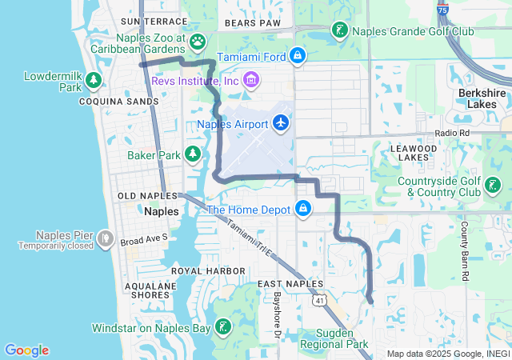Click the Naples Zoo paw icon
(x=198, y=41)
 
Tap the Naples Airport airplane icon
(x=281, y=123)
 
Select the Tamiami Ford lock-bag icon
(x=297, y=55)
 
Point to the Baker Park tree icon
(x=192, y=154)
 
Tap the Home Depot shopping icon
(x=303, y=210)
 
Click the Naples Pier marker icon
(x=104, y=238)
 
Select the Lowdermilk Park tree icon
(x=94, y=79)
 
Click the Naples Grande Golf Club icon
(x=340, y=31)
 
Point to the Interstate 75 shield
(x=443, y=9)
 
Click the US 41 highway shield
(x=319, y=300)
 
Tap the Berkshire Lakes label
(x=483, y=98)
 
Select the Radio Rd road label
(x=451, y=133)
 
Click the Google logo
(x=26, y=350)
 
